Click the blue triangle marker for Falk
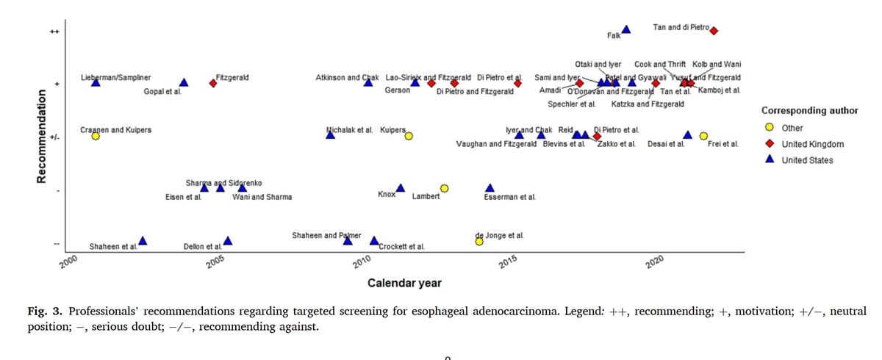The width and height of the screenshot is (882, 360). (x=626, y=29)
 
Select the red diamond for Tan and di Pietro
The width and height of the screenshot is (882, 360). (x=714, y=31)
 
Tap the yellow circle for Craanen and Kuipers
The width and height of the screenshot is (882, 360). (x=96, y=136)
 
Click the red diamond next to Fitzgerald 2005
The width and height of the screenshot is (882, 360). (x=213, y=83)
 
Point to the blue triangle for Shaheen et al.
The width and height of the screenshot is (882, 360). (x=143, y=240)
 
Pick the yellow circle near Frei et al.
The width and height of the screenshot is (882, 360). (x=703, y=136)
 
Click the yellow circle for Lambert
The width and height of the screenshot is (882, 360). (x=445, y=188)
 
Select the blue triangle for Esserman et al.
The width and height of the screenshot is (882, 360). (x=490, y=187)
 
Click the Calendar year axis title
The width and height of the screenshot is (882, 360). (x=404, y=283)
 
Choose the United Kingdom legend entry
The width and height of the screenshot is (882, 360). (x=812, y=144)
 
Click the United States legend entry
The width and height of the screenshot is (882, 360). (x=807, y=160)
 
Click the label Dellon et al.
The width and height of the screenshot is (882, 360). (x=203, y=247)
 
